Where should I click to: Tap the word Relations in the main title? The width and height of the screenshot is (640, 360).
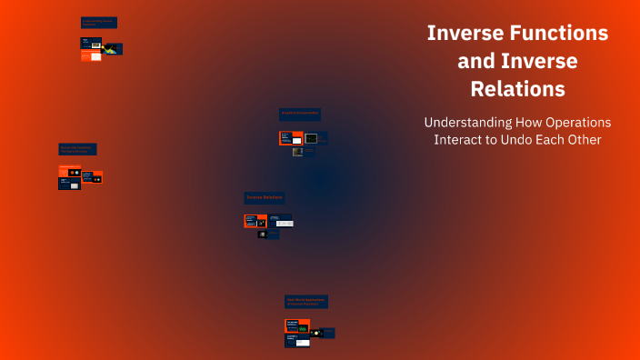click(517, 89)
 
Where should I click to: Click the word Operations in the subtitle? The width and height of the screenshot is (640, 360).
click(576, 122)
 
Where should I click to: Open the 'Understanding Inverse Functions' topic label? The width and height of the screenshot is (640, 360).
click(99, 23)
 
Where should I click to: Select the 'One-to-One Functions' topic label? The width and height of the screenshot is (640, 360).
click(77, 149)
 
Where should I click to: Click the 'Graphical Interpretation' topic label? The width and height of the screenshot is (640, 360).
click(300, 115)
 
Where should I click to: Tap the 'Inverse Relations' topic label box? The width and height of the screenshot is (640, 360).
click(265, 197)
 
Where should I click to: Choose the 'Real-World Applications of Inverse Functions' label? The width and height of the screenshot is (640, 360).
click(306, 301)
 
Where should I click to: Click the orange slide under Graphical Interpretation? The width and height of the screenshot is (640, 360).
click(291, 138)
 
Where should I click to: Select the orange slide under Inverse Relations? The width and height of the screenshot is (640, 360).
click(255, 220)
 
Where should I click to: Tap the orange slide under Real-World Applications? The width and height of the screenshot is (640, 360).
click(297, 325)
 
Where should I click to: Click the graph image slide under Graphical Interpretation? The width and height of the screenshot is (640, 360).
click(312, 138)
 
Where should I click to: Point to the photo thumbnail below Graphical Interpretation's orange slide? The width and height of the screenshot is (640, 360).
click(298, 152)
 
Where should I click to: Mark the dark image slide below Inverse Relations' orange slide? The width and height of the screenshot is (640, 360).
click(263, 234)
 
